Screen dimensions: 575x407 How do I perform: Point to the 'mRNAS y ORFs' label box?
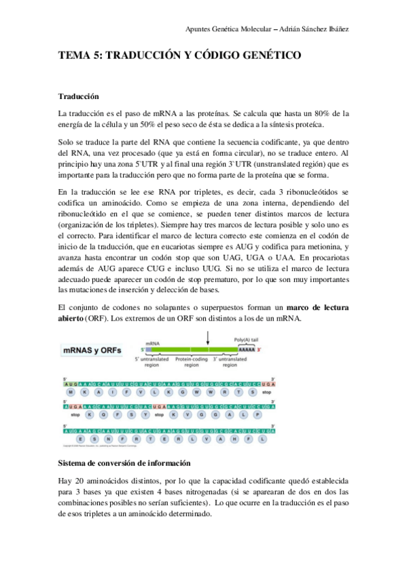pos(92,350)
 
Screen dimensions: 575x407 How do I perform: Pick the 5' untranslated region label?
pos(156,362)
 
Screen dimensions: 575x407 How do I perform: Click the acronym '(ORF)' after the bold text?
pos(96,319)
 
